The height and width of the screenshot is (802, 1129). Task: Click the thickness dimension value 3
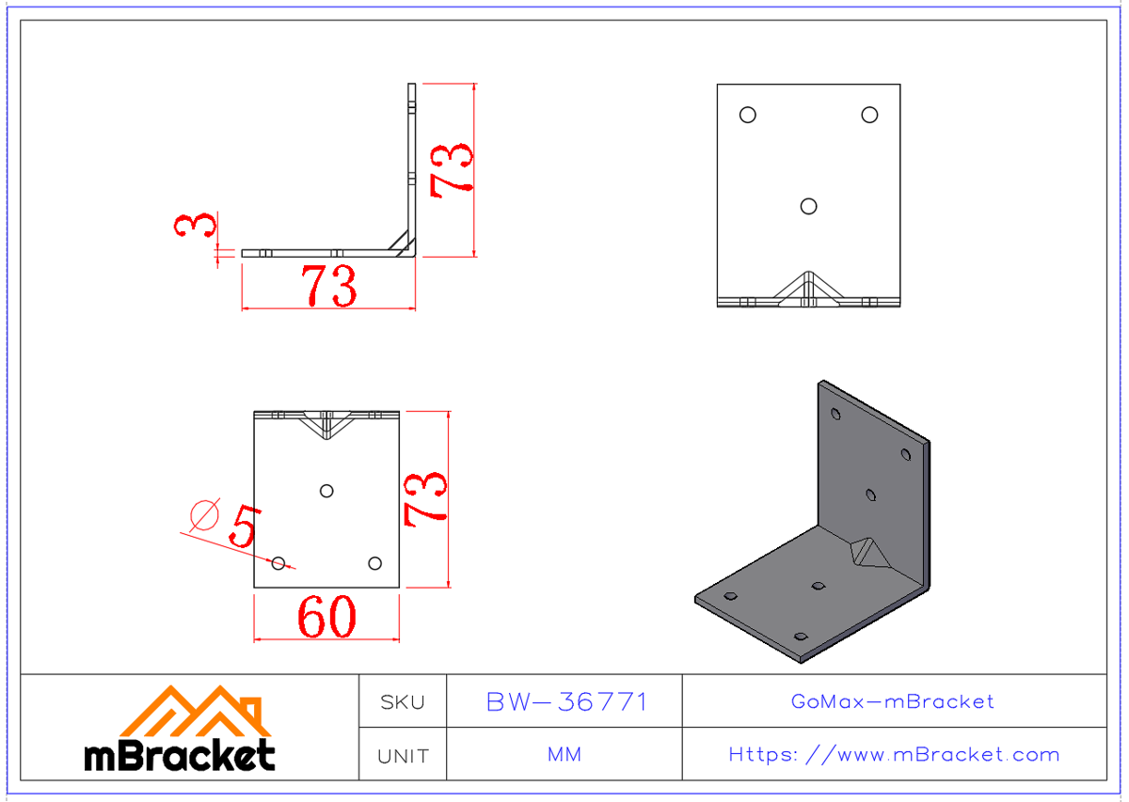pyautogui.click(x=196, y=226)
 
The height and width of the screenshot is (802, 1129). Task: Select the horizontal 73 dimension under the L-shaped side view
pyautogui.click(x=329, y=286)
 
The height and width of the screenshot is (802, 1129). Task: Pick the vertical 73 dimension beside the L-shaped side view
pyautogui.click(x=451, y=169)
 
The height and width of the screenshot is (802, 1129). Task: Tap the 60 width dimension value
pyautogui.click(x=326, y=618)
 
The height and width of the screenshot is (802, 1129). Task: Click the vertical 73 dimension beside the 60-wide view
pyautogui.click(x=424, y=498)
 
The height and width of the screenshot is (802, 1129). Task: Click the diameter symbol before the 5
pyautogui.click(x=204, y=513)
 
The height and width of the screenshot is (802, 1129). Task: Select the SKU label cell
pyautogui.click(x=402, y=702)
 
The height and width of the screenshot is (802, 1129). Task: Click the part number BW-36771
pyautogui.click(x=566, y=702)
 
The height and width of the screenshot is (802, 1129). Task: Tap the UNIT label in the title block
pyautogui.click(x=402, y=756)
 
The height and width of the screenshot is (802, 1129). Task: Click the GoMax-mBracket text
pyautogui.click(x=893, y=701)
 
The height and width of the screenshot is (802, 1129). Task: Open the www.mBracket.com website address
pyautogui.click(x=894, y=755)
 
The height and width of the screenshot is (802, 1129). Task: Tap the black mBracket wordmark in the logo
pyautogui.click(x=180, y=755)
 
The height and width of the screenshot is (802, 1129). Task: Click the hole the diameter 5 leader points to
pyautogui.click(x=278, y=563)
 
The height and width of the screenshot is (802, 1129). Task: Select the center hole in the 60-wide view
pyautogui.click(x=326, y=490)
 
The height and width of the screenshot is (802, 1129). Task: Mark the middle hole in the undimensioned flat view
pyautogui.click(x=808, y=206)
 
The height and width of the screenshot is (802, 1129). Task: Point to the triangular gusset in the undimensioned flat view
pyautogui.click(x=808, y=290)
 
